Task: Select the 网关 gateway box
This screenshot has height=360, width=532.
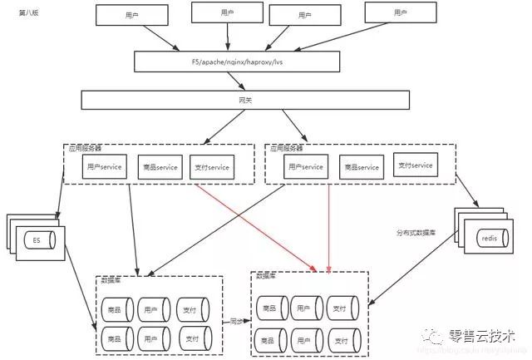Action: [x=245, y=100]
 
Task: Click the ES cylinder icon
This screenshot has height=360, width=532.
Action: [x=37, y=241]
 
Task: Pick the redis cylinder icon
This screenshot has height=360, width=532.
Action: [x=490, y=239]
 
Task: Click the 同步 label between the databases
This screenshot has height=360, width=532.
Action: [x=235, y=319]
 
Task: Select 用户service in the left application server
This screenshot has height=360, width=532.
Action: [x=104, y=167]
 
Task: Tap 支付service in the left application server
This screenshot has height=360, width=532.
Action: [x=210, y=167]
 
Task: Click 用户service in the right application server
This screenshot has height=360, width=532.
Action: [x=304, y=166]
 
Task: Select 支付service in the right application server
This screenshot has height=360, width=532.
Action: [x=414, y=165]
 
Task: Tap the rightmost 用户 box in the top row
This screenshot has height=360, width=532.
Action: [x=401, y=13]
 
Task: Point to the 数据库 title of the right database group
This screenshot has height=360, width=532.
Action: [x=268, y=275]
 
